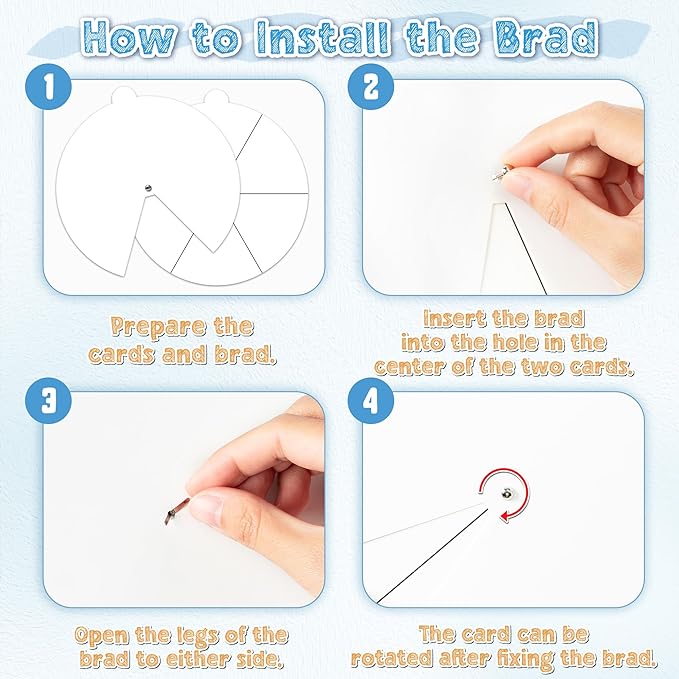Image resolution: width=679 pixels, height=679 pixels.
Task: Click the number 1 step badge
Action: pyautogui.click(x=48, y=86)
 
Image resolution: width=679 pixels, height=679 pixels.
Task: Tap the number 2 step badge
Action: pyautogui.click(x=371, y=86)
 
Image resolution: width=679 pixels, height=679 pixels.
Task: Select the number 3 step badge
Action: pyautogui.click(x=48, y=400)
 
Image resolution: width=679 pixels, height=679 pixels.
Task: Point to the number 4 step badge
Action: pyautogui.click(x=371, y=400)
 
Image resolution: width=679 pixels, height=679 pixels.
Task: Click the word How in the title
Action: pyautogui.click(x=131, y=38)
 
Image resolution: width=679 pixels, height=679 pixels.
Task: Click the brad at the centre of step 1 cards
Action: pyautogui.click(x=148, y=188)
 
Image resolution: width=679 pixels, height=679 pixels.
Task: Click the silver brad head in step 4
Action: pyautogui.click(x=506, y=493)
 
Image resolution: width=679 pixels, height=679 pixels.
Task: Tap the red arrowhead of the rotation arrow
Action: pyautogui.click(x=504, y=515)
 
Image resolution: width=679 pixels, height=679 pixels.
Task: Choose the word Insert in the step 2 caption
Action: pyautogui.click(x=453, y=319)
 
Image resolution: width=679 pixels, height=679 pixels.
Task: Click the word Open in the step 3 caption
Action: pyautogui.click(x=102, y=636)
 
